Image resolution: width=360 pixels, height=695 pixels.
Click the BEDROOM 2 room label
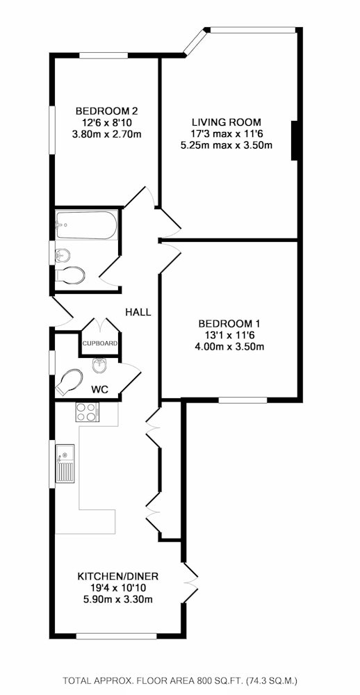pyautogui.click(x=104, y=111)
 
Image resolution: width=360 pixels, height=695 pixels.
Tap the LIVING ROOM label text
pyautogui.click(x=227, y=122)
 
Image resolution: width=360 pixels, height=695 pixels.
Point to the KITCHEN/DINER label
pyautogui.click(x=118, y=577)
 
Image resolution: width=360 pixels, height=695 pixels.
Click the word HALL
pyautogui.click(x=138, y=312)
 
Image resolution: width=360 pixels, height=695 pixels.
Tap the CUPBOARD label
pyautogui.click(x=100, y=343)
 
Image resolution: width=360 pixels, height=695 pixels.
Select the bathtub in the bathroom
pyautogui.click(x=87, y=225)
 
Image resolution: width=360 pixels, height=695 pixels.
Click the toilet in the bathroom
pyautogui.click(x=70, y=275)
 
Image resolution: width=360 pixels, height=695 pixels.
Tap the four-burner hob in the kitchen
pyautogui.click(x=88, y=411)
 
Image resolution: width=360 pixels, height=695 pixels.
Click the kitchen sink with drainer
pyautogui.click(x=65, y=463)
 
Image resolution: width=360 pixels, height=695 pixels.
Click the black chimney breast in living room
pyautogui.click(x=293, y=140)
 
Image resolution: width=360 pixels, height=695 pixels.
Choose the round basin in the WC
pyautogui.click(x=98, y=366)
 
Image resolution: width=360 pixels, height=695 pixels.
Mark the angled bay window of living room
pyautogui.click(x=195, y=42)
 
